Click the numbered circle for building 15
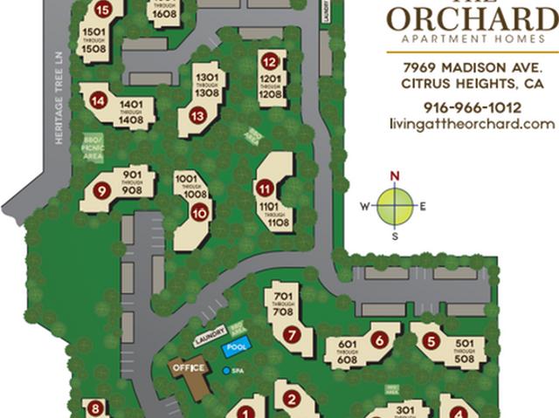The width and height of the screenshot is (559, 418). pos(104,10)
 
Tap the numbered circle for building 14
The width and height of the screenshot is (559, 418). pos(99,101)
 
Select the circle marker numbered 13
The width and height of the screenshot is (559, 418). pos(197,115)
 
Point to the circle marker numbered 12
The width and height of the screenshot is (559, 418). pos(270,62)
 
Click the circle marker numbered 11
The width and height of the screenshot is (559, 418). pos(263,187)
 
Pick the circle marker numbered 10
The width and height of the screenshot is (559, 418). pos(200,212)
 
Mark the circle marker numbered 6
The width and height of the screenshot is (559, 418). pos(379,339)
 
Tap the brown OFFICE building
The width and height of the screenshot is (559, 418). pos(190,368)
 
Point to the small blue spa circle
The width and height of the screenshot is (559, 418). pos(228,371)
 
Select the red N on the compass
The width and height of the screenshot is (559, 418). pos(395,175)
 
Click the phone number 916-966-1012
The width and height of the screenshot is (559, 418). pos(472,107)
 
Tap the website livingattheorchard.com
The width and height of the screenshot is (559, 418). pos(472,124)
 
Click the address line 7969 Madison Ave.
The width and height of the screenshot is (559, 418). pos(473,68)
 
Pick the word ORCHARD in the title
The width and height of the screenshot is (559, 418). pos(472,18)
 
